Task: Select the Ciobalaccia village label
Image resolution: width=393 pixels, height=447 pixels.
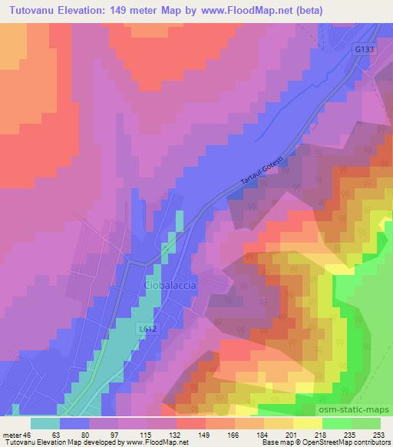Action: click(170, 285)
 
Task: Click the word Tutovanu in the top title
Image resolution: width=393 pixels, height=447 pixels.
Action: click(35, 12)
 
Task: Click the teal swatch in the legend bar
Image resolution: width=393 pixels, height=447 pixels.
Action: click(45, 423)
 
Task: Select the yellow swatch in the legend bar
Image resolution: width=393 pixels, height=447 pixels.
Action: click(307, 423)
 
